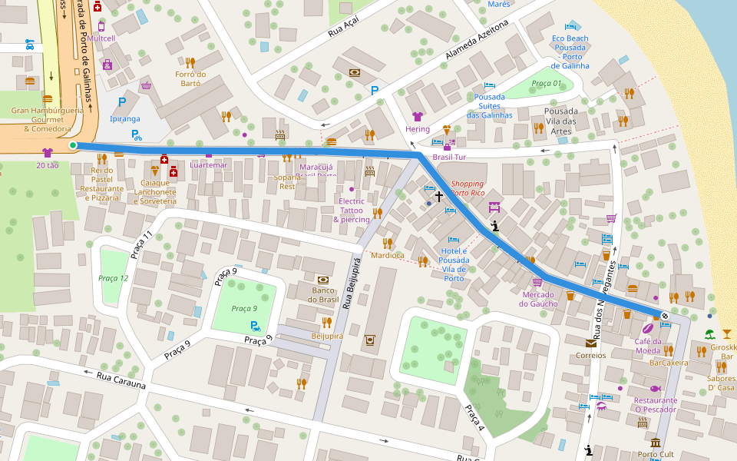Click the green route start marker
[73, 145]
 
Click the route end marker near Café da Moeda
[665, 316]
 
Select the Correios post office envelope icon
[590, 343]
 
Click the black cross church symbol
[440, 197]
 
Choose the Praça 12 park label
[114, 277]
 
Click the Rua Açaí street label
[343, 29]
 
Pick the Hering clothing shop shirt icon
[417, 117]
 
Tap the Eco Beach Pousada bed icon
[570, 26]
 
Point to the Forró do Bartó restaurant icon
[190, 62]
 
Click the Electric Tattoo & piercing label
[352, 210]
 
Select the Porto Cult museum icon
[656, 443]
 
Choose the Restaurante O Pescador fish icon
[655, 388]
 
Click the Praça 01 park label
[547, 83]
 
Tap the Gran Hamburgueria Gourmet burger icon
[48, 99]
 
